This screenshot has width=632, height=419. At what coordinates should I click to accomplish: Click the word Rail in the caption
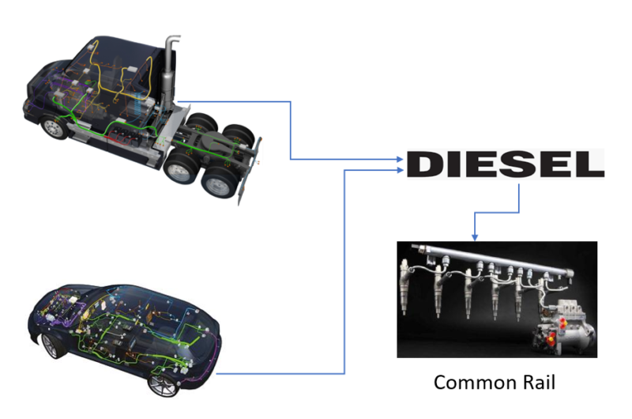[x=539, y=383]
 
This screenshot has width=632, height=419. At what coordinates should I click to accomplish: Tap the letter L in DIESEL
[x=589, y=164]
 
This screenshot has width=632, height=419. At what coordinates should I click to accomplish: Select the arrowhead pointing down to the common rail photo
[x=475, y=237]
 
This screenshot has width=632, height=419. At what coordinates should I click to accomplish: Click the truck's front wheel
[x=54, y=127]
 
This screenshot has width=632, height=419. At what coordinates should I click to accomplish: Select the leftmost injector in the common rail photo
[x=405, y=285]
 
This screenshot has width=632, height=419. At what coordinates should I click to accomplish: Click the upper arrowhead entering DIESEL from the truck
[x=400, y=159]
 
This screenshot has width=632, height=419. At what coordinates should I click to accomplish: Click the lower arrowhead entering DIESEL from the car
[x=400, y=170]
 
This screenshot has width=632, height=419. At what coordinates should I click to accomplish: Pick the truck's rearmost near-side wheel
[x=219, y=183]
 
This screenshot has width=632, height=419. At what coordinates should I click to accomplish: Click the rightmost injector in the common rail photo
[x=520, y=297]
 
